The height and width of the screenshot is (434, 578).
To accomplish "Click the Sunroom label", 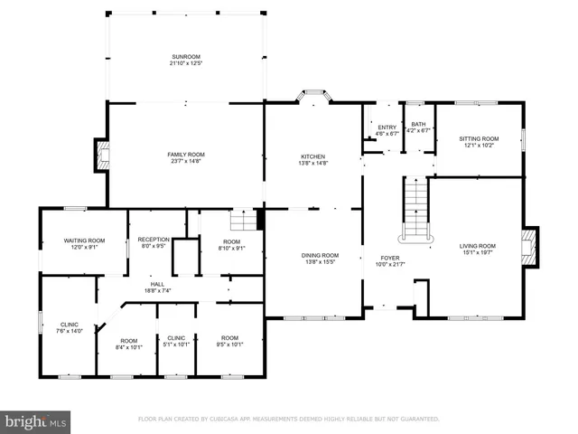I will pyautogui.click(x=187, y=58).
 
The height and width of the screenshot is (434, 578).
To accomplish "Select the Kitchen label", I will pyautogui.click(x=313, y=156).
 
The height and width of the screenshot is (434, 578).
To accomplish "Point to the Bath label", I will pyautogui.click(x=418, y=125).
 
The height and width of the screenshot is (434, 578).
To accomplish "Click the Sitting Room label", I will pyautogui.click(x=478, y=138).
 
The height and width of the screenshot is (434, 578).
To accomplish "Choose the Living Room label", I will pyautogui.click(x=478, y=246).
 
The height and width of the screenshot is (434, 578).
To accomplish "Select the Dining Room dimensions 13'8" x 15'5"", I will pyautogui.click(x=321, y=263).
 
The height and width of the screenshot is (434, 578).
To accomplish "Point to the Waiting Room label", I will pyautogui.click(x=84, y=241).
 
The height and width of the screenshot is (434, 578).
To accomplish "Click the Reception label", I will pyautogui.click(x=154, y=240).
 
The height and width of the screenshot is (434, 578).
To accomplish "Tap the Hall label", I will pyautogui.click(x=158, y=285).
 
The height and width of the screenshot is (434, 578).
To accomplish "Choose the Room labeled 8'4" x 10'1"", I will pyautogui.click(x=129, y=340).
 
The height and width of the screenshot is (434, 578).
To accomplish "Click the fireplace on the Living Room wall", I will pyautogui.click(x=531, y=244).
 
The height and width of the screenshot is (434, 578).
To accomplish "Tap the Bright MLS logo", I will pyautogui.click(x=36, y=421).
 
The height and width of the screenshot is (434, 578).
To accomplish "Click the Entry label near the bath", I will pyautogui.click(x=387, y=127).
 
